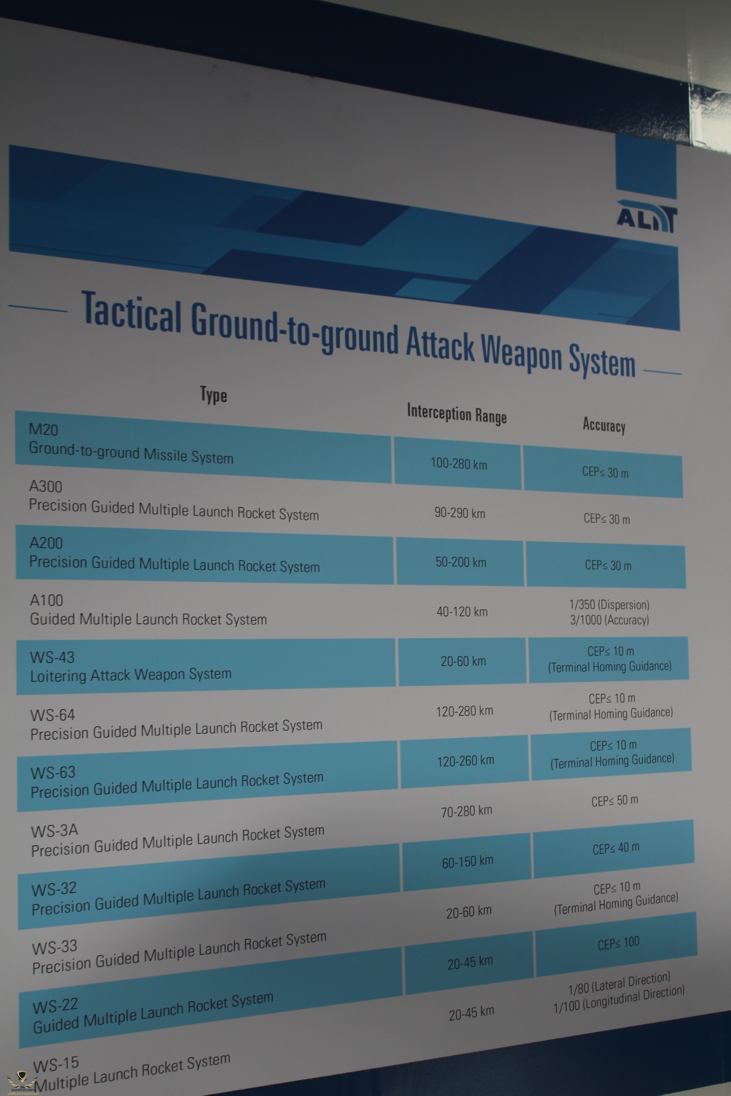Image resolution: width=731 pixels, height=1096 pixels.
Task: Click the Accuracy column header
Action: [604, 425]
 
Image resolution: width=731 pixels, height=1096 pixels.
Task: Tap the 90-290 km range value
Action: [460, 513]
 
